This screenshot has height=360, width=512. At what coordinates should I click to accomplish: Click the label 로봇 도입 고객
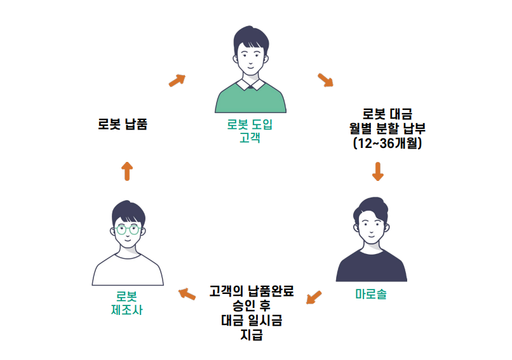point(250,131)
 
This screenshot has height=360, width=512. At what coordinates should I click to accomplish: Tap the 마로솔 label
point(371,295)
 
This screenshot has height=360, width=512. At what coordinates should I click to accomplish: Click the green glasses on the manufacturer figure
point(127,229)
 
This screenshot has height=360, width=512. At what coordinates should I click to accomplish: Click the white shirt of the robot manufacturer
point(128,270)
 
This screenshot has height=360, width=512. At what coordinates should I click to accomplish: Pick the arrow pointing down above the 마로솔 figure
point(378,171)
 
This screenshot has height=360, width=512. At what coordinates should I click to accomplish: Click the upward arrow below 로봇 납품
point(127,170)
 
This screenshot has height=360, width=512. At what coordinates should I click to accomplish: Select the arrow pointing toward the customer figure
point(177,80)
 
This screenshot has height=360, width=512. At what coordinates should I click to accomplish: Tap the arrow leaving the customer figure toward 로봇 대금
point(325,80)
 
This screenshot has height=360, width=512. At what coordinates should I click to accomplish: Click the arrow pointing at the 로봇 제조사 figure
point(187,293)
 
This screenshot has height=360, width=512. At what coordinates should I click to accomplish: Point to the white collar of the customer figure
point(250,84)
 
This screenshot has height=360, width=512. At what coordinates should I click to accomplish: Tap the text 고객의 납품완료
point(252,292)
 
